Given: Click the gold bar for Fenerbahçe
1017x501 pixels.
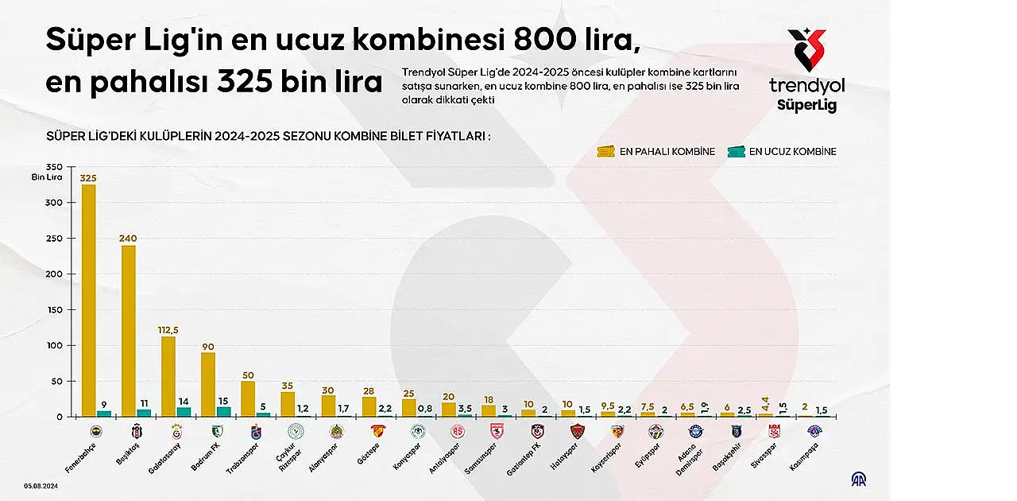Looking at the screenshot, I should pos(88,301).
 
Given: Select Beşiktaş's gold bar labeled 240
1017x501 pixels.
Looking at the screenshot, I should pos(128,331).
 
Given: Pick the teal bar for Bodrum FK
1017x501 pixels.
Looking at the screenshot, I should pos(223,411).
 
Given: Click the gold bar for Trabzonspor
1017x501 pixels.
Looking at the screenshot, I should pos(248,398).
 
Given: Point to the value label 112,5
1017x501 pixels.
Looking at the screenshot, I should pos(168,330).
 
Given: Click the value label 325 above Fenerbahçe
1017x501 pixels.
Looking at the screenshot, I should pos(88,178).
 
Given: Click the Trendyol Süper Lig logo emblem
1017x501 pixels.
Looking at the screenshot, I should pos(806,50).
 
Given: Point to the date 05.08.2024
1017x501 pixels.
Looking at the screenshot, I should pos(39,484).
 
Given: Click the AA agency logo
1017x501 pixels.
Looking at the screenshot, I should pos(859,479).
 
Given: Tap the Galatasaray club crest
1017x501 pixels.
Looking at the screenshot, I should pos(176,431).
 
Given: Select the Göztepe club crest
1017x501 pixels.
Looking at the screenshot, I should pos(377,431).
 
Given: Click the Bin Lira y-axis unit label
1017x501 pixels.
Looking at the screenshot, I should pos(47,177).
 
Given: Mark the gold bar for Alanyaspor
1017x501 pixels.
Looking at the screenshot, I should pos(328,406).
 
